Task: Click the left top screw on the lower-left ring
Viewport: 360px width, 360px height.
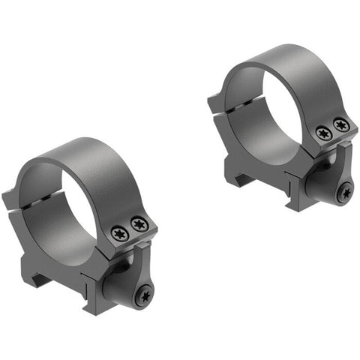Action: [x=119, y=233]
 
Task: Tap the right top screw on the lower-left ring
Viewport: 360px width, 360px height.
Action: [x=138, y=223]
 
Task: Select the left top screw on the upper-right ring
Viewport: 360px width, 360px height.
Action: [x=323, y=133]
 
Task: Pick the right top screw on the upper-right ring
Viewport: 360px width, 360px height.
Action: [x=341, y=124]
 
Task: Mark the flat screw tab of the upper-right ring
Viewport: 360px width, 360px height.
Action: [x=334, y=139]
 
